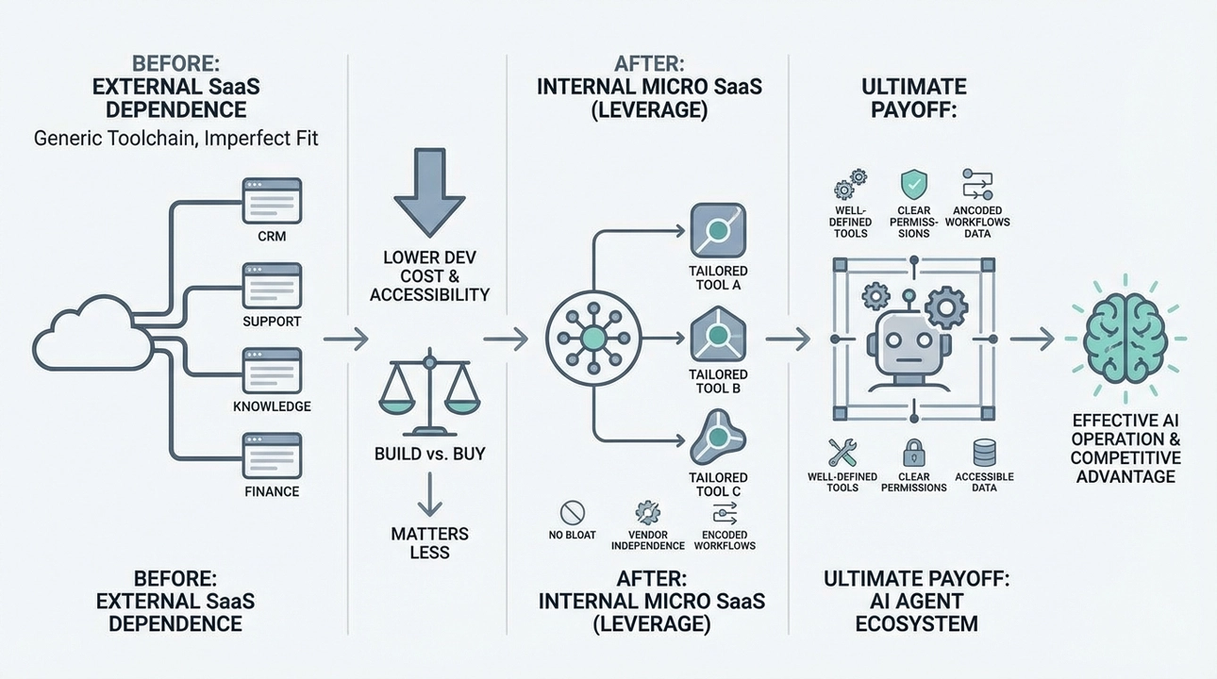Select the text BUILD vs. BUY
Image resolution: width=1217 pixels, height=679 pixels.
429,454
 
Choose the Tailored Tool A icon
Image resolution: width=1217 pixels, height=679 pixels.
718,230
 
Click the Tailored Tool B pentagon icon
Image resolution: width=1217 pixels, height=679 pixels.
718,334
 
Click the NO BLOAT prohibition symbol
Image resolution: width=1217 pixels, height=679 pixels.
574,513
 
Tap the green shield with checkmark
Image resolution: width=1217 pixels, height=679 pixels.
913,183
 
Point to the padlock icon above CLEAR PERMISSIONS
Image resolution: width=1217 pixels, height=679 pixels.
913,452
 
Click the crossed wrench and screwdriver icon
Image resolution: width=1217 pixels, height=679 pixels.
842,452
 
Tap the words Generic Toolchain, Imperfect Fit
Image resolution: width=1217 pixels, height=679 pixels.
176,138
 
